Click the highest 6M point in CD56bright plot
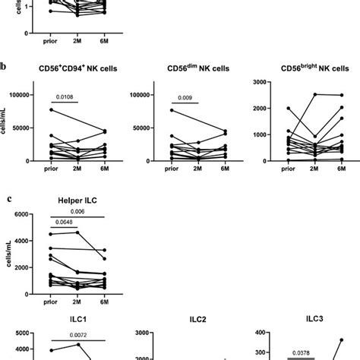pyautogui.click(x=339, y=96)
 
